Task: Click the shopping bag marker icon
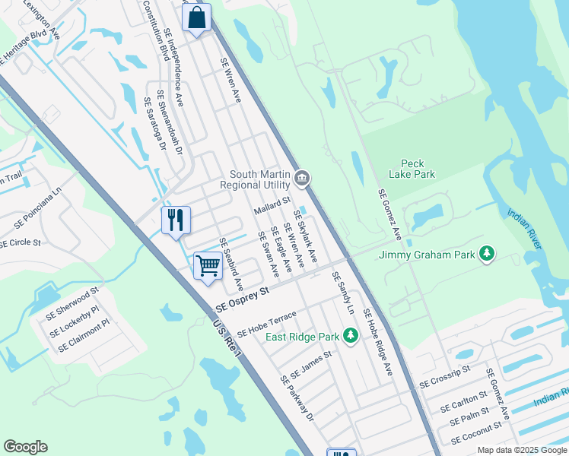point(196,17)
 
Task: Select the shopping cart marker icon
point(207,266)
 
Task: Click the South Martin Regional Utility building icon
point(302,179)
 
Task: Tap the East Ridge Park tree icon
point(350,335)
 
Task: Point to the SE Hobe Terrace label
point(265,324)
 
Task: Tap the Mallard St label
point(272,205)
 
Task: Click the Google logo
point(25,447)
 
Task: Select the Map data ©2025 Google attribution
point(521,450)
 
